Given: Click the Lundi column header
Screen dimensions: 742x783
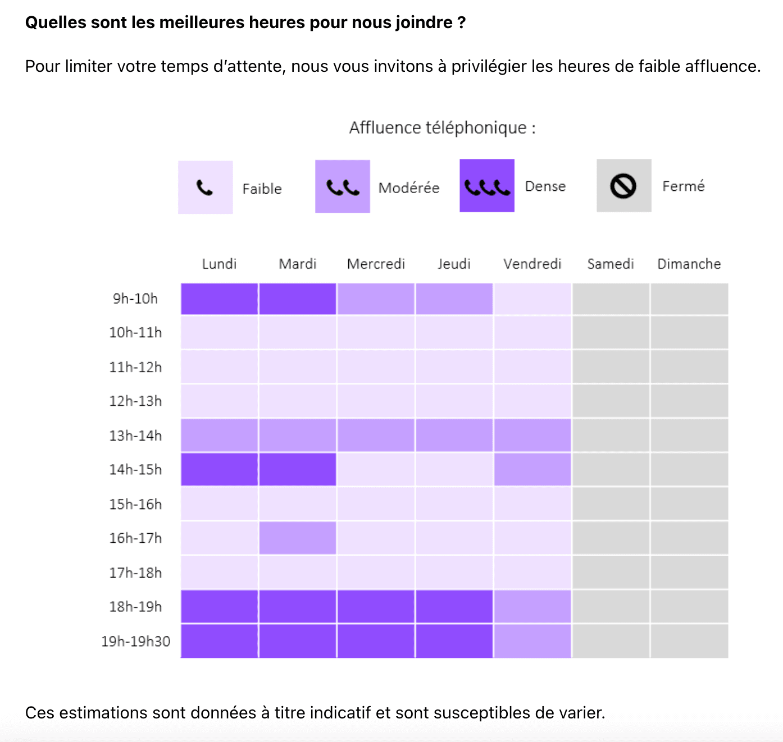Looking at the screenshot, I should pyautogui.click(x=219, y=264).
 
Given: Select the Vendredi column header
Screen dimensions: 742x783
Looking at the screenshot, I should pyautogui.click(x=532, y=264).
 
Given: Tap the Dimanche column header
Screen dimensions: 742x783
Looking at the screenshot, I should pyautogui.click(x=689, y=264).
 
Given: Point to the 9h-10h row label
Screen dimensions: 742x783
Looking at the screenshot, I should pyautogui.click(x=135, y=299).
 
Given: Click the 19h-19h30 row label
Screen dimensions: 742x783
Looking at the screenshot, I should pyautogui.click(x=135, y=641).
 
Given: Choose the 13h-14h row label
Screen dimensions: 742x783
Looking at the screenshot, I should pyautogui.click(x=135, y=436).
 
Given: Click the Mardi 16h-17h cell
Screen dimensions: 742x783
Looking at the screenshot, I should pyautogui.click(x=298, y=538).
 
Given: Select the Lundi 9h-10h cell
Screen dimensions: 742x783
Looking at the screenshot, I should pyautogui.click(x=219, y=299).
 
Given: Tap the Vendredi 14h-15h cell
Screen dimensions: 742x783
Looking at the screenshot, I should pyautogui.click(x=532, y=469).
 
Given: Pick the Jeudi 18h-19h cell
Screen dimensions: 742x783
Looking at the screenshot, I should pyautogui.click(x=454, y=606).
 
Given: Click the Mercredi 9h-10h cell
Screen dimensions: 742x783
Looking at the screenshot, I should pyautogui.click(x=376, y=299).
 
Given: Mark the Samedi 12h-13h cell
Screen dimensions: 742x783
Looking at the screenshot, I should pyautogui.click(x=611, y=401).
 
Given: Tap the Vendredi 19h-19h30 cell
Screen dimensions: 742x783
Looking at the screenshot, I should pyautogui.click(x=532, y=641).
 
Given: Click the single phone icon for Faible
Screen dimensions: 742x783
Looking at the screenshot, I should pyautogui.click(x=205, y=187).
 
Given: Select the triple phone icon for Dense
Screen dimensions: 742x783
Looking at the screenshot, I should pyautogui.click(x=487, y=186).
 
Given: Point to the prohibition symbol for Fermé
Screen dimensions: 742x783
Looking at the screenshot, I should pyautogui.click(x=623, y=186).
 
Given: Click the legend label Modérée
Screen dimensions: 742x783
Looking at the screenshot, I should pyautogui.click(x=409, y=188).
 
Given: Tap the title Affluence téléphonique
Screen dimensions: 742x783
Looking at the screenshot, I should pyautogui.click(x=442, y=128).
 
